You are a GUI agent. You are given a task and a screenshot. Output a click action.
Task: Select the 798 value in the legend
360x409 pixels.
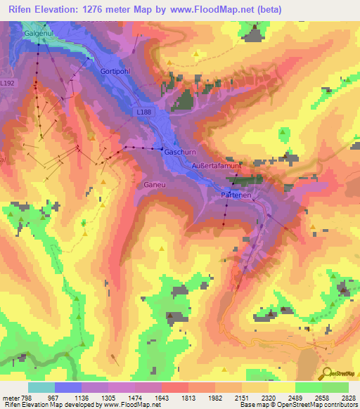coord(28,398)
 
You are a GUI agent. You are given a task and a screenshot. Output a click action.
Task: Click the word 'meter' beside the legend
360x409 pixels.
coord(10,398)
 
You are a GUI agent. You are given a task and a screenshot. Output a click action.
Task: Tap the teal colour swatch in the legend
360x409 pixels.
coord(41,387)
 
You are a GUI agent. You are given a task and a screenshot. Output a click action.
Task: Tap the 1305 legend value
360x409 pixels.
coord(108,398)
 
